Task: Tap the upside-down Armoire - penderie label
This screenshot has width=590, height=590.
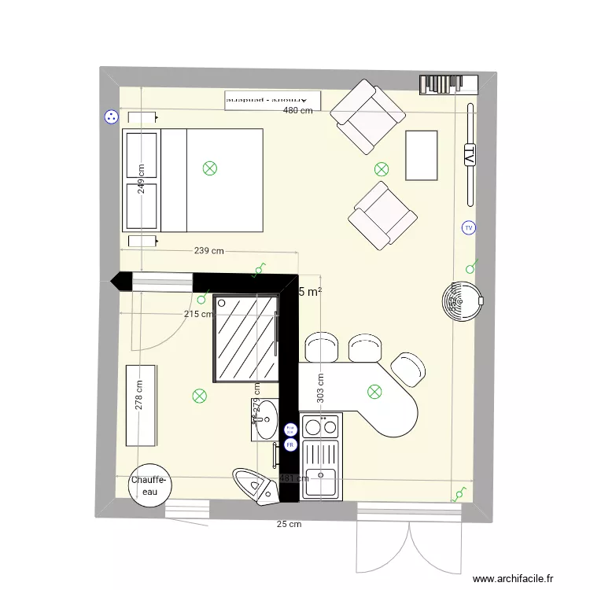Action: tap(273, 100)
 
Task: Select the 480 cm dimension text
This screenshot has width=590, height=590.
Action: tap(298, 111)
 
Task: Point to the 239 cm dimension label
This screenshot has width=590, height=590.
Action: tap(209, 252)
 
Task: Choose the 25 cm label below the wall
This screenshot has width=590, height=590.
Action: tap(289, 524)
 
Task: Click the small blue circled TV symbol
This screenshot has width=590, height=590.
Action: tap(469, 228)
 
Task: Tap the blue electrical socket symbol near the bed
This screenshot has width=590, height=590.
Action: tap(111, 117)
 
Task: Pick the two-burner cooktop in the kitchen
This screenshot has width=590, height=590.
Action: tap(321, 427)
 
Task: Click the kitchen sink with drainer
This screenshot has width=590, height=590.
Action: tap(321, 469)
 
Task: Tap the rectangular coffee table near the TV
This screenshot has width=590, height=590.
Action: tap(421, 155)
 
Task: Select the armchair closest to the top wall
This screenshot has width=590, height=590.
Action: tap(368, 116)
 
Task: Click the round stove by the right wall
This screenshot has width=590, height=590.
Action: tap(462, 298)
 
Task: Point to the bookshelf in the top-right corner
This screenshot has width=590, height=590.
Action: tap(448, 83)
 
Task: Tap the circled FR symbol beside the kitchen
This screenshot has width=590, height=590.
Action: tap(289, 444)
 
